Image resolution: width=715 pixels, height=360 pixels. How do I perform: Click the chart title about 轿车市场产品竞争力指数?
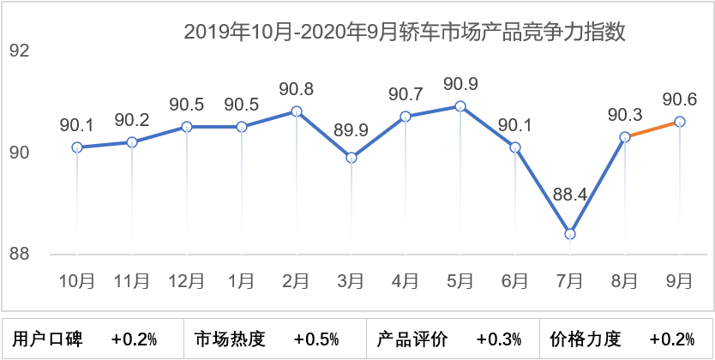(x=405, y=33)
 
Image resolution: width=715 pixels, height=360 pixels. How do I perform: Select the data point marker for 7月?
(x=570, y=234)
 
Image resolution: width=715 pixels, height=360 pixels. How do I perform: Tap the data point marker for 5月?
(x=460, y=106)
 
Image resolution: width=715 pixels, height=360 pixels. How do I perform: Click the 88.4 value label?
(x=569, y=195)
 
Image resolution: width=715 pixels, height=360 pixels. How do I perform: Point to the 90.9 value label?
(x=460, y=85)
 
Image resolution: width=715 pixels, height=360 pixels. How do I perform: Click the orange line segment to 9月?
(x=652, y=129)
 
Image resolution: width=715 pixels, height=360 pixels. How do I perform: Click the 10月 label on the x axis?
(x=76, y=280)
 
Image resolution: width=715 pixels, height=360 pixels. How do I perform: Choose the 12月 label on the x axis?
(x=186, y=280)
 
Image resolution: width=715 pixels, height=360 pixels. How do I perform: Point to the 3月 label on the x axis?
(x=351, y=280)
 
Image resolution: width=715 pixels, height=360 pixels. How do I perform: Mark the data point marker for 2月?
(x=297, y=111)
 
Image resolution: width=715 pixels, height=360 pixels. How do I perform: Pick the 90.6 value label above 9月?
(x=680, y=99)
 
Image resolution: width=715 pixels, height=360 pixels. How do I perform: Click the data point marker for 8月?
(x=625, y=137)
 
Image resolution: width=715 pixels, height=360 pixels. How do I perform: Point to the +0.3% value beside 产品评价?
(x=499, y=339)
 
